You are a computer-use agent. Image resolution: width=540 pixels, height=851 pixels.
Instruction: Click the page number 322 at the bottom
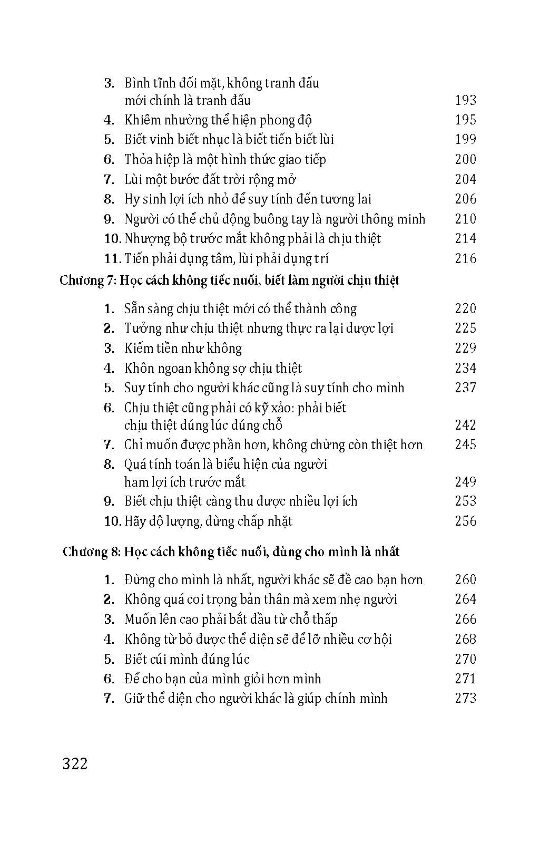pos(75,763)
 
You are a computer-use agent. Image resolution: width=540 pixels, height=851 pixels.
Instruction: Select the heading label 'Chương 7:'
pos(88,280)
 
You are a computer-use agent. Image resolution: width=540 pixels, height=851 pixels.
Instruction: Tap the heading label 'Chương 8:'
pos(92,552)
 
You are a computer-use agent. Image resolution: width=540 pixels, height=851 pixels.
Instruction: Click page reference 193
pos(465,100)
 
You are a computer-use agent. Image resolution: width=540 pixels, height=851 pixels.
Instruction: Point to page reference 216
pos(465,258)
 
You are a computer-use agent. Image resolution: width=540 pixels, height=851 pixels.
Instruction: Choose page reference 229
pos(465,348)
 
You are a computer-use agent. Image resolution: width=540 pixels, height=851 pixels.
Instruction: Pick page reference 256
pos(465,521)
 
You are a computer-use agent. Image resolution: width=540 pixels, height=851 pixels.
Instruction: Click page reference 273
pos(465,698)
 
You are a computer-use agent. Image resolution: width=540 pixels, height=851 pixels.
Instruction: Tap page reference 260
pos(465,579)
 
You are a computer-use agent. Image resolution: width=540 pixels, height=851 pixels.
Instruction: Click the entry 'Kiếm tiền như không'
pos(183,348)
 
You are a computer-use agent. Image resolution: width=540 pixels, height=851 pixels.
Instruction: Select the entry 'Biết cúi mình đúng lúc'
pos(186,659)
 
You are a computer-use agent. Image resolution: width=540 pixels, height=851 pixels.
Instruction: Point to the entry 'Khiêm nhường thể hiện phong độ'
pos(218,120)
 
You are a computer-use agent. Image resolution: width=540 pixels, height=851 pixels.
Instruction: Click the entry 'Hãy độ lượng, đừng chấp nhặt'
pos(208,521)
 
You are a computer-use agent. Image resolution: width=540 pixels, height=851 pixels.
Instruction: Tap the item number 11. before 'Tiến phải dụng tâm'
pos(113,258)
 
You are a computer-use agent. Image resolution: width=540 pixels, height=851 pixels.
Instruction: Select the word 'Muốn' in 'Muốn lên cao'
pos(140,619)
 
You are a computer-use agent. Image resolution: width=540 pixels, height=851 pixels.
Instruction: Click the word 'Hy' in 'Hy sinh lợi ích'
pos(131,199)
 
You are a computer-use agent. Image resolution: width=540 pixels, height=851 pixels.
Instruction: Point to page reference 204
pos(465,179)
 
